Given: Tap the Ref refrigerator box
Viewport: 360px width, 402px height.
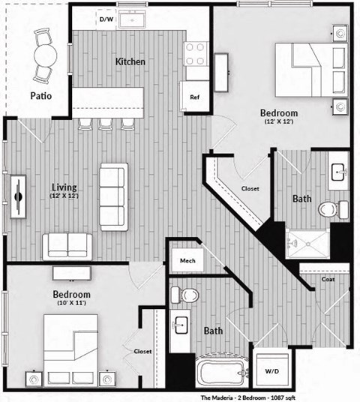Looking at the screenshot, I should point(194,97).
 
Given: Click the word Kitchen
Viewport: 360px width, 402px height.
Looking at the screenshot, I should point(130,61).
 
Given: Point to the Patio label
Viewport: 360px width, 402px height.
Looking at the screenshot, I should point(41,96).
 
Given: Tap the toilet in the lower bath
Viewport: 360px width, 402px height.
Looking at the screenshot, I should point(189,295).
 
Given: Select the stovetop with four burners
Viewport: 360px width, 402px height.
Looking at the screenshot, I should point(196,54).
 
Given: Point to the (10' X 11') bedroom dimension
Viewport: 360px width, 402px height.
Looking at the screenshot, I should point(72,305).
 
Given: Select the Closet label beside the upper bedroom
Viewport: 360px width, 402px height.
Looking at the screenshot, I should point(250,188).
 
